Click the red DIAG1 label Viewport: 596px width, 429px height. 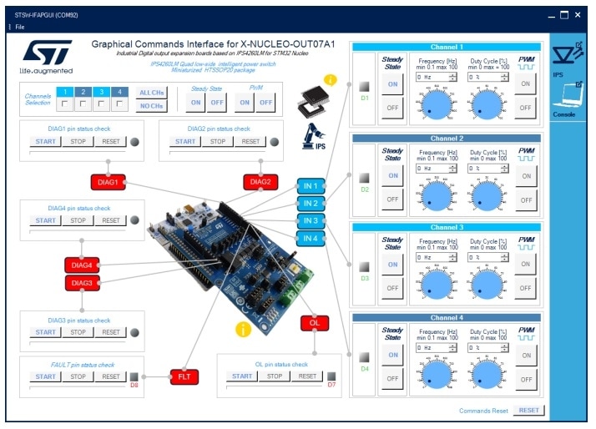pos(108,181)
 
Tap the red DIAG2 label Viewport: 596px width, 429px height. pos(260,181)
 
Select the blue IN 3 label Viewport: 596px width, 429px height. pos(311,220)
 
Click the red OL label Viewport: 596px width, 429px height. pos(314,322)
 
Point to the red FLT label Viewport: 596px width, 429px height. pos(184,376)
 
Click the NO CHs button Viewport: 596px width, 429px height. pos(150,106)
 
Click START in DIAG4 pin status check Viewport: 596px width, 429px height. pos(46,220)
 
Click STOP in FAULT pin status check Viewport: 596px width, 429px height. pos(78,376)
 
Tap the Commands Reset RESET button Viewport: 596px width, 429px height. pos(528,411)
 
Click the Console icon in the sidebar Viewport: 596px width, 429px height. pos(564,99)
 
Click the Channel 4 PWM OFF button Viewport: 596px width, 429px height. pos(526,378)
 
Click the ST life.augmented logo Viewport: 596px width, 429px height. pos(46,57)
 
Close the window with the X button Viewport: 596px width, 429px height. pos(577,15)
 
